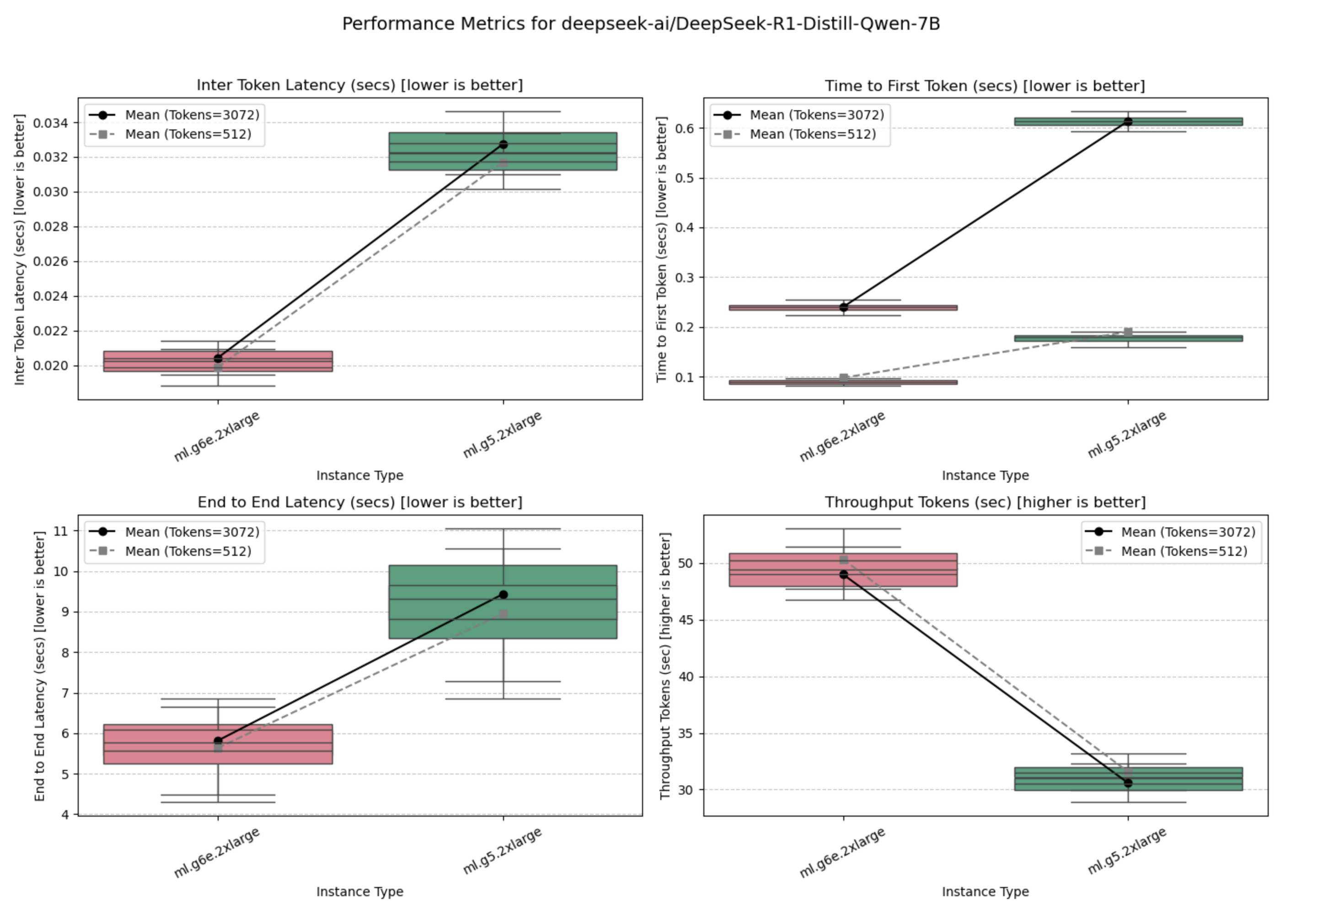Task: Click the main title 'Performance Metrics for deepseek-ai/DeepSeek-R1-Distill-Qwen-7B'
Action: pos(641,24)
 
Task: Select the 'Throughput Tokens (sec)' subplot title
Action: pos(985,502)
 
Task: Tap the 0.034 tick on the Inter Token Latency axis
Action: pos(51,123)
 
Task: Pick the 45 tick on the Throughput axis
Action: pos(686,620)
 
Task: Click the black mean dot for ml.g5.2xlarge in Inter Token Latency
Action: pos(504,145)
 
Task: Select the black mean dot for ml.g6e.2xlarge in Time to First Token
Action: pos(843,307)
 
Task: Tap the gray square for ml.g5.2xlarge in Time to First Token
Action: pos(1128,332)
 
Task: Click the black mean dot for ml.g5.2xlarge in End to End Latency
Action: pos(504,595)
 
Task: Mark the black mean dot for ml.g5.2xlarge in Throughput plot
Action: pos(1128,783)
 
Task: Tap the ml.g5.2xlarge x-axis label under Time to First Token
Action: pos(1127,435)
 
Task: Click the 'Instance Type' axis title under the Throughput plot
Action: pos(985,892)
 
